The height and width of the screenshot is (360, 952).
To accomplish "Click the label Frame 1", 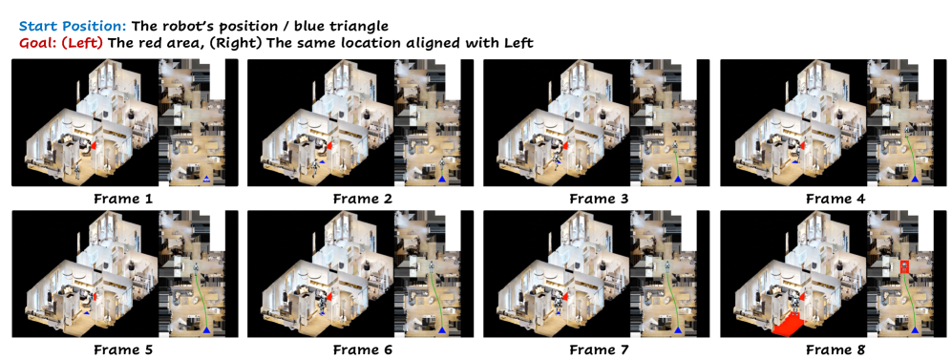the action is [125, 199].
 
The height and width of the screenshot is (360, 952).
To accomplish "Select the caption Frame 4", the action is [836, 199].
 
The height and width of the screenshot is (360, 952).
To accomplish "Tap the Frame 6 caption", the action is [363, 349].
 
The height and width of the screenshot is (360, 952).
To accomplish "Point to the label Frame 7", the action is [600, 349].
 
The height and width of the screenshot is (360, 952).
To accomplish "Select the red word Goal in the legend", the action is [35, 43].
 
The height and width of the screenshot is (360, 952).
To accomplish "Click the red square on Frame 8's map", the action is [904, 265].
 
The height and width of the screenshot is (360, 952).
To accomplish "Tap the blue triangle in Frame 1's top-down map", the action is [206, 180].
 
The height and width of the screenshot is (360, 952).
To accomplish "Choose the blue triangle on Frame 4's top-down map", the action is [916, 180].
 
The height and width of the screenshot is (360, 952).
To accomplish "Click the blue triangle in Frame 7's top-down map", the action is [679, 329].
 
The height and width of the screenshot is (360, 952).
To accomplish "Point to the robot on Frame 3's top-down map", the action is [676, 146].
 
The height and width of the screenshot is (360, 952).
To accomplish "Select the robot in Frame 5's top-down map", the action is [197, 267].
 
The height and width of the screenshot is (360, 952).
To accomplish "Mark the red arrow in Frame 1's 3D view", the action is [94, 146].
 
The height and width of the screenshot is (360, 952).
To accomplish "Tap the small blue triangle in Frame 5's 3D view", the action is [88, 312].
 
